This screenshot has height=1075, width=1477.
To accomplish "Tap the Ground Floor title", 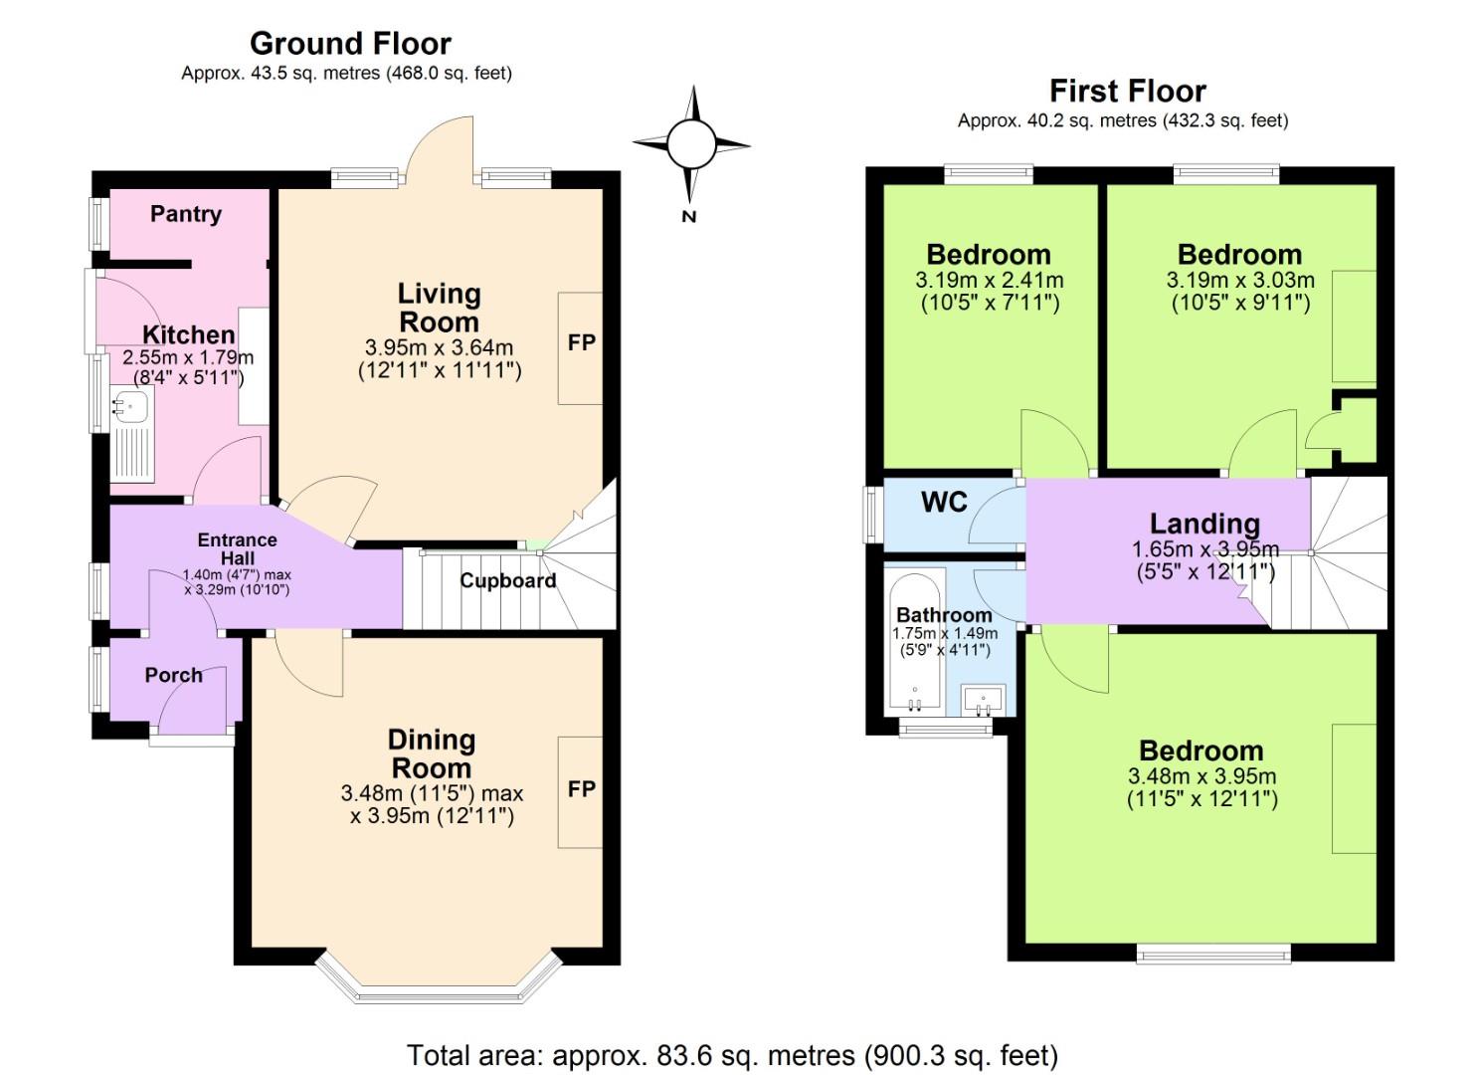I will [350, 44].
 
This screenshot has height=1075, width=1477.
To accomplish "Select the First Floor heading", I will [1127, 92].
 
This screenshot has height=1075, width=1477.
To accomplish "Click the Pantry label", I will [186, 214].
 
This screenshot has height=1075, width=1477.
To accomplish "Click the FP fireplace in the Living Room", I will [581, 343].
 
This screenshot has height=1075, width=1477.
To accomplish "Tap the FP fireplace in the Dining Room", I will [581, 789].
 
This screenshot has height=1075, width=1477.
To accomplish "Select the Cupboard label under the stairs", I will [507, 580].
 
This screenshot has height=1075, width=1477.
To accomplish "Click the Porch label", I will [173, 676].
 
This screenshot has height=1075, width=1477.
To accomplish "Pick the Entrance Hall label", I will [237, 549].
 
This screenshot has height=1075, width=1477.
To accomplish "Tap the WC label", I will [944, 503].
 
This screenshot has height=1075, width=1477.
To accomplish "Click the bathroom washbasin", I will [984, 699].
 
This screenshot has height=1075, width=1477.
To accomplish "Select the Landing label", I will [1204, 524].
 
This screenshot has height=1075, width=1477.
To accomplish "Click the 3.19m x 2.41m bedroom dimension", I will [989, 281].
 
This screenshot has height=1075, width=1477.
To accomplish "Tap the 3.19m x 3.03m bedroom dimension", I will [1239, 281].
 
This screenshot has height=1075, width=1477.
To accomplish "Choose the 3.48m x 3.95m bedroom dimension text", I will [1201, 776].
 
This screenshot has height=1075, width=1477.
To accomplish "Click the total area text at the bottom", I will [732, 1055].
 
